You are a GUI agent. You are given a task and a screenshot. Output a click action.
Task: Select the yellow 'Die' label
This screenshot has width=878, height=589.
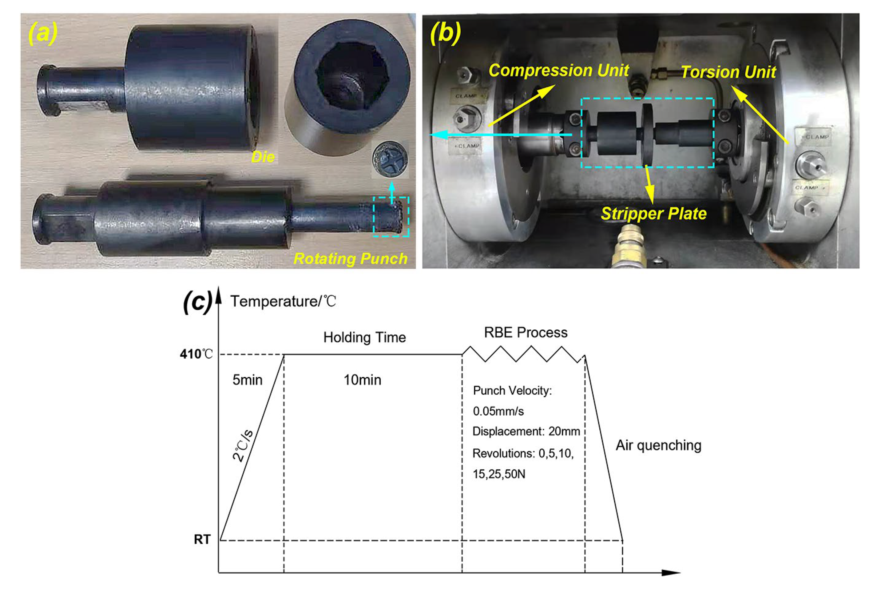(263, 157)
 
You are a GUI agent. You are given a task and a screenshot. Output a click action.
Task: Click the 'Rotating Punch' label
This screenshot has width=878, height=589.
(351, 258)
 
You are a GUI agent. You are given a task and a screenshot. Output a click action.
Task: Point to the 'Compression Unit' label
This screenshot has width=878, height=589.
(559, 71)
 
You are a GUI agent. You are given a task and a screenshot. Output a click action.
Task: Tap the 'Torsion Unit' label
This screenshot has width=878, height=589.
(728, 72)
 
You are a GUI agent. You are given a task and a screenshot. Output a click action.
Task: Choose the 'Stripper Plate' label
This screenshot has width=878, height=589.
(653, 213)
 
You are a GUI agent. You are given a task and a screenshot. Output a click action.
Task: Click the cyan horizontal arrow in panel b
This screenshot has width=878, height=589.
(500, 134)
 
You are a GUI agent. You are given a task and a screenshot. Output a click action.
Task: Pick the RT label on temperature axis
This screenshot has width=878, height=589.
(202, 539)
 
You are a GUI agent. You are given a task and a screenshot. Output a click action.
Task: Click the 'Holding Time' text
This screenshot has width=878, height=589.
(364, 337)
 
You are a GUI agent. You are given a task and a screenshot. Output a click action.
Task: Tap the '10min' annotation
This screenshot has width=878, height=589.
(362, 380)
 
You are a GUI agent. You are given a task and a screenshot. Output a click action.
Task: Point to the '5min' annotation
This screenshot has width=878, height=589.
(247, 380)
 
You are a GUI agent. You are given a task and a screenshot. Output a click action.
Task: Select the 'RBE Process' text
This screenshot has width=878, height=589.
(525, 333)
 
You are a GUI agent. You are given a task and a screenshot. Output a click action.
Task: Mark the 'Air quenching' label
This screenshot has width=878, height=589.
(658, 445)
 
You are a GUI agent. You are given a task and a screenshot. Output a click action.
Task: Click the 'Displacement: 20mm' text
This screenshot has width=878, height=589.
(526, 431)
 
